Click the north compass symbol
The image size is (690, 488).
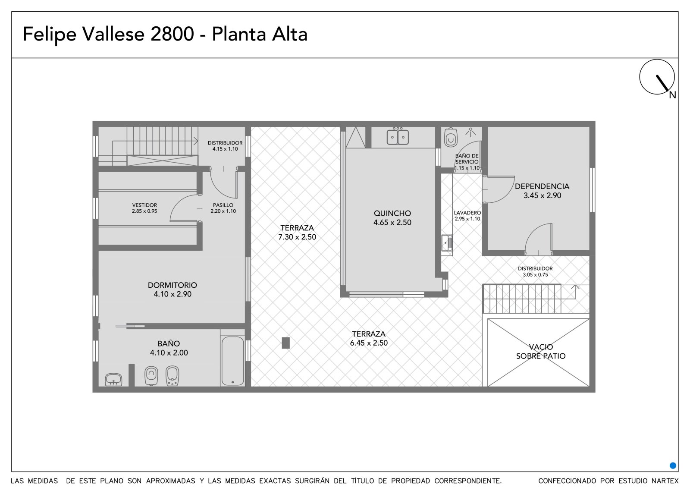coord(657,77)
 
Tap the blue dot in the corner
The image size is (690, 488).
coord(673,465)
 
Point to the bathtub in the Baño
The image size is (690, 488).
coord(232,361)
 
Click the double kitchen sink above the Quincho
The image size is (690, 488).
coord(398,137)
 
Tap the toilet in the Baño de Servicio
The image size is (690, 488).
coord(451,137)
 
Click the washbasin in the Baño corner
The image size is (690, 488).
coord(114,379)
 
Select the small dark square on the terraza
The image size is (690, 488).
coord(285,343)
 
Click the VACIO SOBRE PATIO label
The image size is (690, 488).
coord(541,351)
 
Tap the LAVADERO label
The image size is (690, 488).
coord(467,213)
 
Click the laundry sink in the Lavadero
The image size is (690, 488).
coord(447,243)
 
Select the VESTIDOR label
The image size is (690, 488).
coord(144,205)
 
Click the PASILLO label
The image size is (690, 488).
coord(223,205)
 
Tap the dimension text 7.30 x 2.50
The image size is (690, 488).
coord(297,237)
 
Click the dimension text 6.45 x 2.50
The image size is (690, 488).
coord(369,343)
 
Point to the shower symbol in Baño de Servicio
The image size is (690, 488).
coord(470,132)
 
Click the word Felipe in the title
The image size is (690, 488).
coord(49,35)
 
